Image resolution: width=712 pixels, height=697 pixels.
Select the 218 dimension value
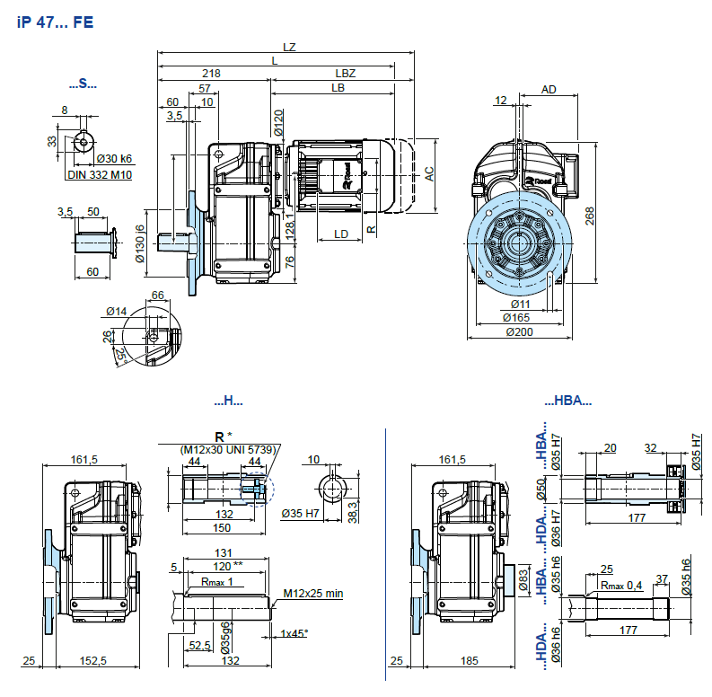212,72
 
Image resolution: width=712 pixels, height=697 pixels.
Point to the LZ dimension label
288,46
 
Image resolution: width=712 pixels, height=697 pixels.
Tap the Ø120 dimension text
278,123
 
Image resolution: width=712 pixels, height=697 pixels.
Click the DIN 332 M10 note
100,174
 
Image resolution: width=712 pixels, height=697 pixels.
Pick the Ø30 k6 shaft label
114,158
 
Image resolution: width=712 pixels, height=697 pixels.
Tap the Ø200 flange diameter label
520,331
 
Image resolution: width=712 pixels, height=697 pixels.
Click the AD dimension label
549,89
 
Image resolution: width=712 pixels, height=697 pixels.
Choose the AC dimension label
429,174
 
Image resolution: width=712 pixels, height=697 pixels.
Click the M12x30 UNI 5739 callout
229,448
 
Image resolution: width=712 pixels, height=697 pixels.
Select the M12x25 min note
313,593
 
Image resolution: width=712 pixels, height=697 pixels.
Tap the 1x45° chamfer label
294,633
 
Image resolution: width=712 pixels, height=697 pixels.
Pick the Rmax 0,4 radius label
619,586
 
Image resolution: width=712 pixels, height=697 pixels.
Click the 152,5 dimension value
92,661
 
